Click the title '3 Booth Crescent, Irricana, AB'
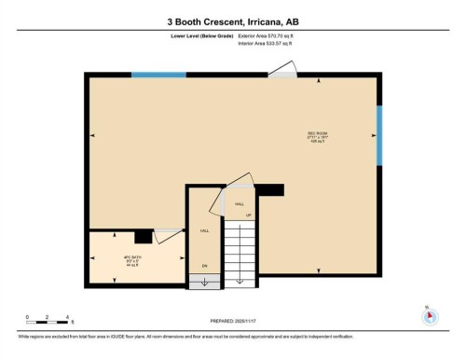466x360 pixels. pos(232,20)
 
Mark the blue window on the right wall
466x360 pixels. pos(378,134)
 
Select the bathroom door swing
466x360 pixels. pos(168,236)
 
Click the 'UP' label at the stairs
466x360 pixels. pos(248,215)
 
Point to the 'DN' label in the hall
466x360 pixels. pos(205,266)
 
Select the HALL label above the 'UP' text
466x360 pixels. pos(240,202)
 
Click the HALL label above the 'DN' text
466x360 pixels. pos(204,230)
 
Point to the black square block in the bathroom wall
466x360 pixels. pos(143,237)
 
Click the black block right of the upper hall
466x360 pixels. pos(269,189)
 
